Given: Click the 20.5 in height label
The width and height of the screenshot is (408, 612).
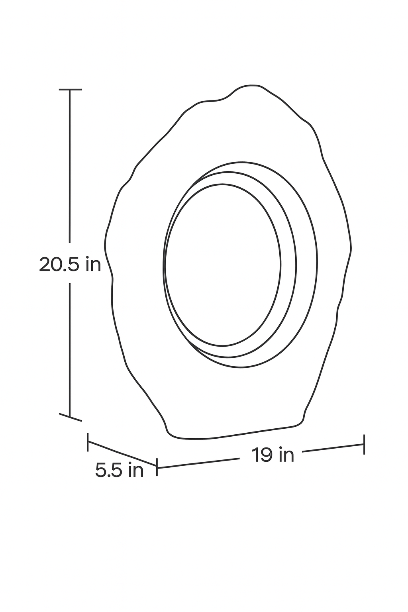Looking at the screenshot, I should coord(70,264).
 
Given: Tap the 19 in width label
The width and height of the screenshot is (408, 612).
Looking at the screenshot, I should coord(273,455).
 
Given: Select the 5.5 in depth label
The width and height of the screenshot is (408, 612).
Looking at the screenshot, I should coord(119,471).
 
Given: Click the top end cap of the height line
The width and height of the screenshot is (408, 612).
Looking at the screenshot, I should coord(70,90).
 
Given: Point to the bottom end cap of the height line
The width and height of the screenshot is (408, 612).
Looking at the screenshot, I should coord(71,417).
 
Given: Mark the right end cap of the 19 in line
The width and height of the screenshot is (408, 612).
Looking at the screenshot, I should coord(364,444).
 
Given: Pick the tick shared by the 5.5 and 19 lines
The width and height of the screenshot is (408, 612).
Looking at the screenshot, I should coord(157,467).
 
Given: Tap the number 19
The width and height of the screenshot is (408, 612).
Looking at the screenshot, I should coord(261,455).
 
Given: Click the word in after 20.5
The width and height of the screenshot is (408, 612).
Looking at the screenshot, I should coord(93,264).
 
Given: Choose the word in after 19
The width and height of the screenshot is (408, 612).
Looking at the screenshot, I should coord(286,455).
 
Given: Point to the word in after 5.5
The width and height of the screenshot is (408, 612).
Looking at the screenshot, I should coord(135,471).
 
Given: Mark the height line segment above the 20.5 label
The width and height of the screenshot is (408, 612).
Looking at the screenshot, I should coord(70,167).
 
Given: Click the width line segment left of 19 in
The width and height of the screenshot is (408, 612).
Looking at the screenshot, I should coord(199,463).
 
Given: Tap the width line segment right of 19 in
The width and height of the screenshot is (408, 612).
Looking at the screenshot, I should coord(333,448).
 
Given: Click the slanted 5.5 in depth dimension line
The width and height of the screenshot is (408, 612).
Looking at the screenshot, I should coord(122,454).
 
